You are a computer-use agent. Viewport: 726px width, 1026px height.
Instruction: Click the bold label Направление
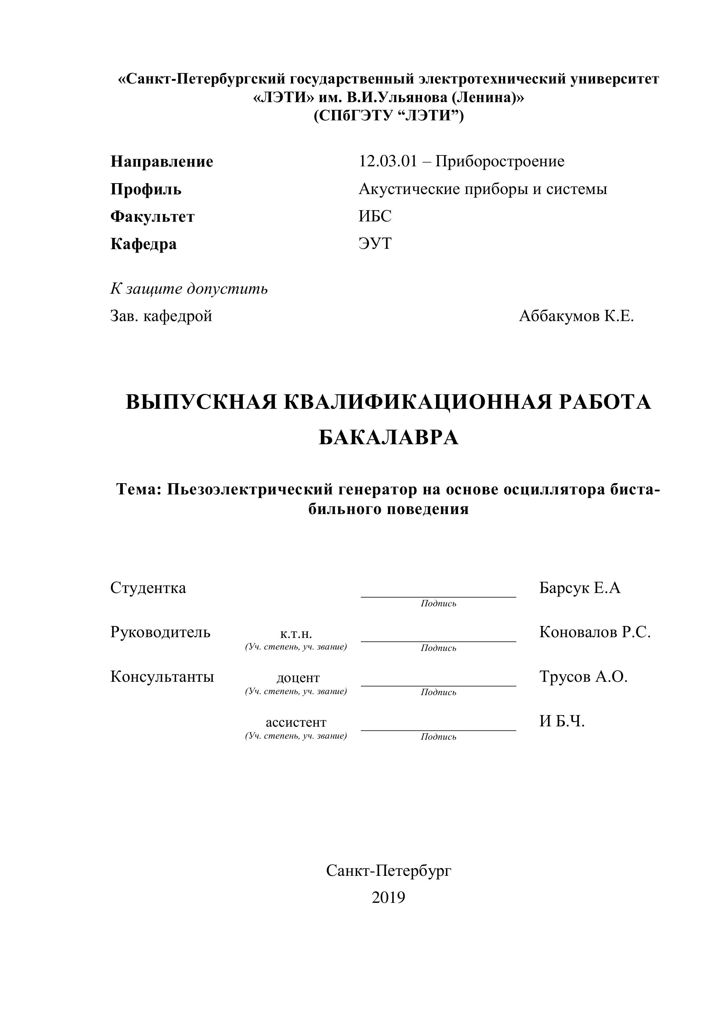[162, 161]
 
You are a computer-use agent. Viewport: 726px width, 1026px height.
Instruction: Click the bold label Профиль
[146, 189]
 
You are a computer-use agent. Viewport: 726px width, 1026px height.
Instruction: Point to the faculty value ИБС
[375, 216]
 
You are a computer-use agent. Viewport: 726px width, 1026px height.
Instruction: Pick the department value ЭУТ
[375, 244]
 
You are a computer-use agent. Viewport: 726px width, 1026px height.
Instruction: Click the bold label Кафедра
[144, 244]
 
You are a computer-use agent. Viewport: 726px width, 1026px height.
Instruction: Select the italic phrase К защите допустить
[189, 289]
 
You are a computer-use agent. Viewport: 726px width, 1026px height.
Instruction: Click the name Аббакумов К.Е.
[576, 317]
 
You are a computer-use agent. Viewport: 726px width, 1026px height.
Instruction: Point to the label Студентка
[148, 588]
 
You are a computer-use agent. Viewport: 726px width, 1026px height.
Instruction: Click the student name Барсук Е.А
[580, 588]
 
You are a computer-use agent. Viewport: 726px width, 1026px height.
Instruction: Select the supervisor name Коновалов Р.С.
[595, 632]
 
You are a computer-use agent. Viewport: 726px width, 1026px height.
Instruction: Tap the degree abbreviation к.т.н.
[296, 634]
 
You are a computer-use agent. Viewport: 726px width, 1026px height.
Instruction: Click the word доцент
[298, 678]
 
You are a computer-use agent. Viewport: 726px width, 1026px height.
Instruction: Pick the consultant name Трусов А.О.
[583, 677]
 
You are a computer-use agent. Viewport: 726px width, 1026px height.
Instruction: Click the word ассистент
[296, 722]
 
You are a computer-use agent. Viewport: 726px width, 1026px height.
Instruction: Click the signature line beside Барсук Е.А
[438, 597]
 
